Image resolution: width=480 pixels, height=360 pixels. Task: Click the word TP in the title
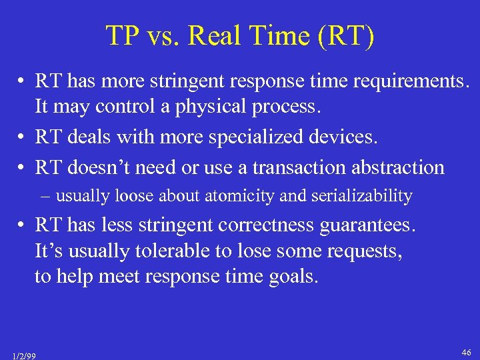[121, 36]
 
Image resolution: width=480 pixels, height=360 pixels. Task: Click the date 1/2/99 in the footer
[24, 356]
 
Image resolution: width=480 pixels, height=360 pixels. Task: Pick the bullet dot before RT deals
[21, 137]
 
